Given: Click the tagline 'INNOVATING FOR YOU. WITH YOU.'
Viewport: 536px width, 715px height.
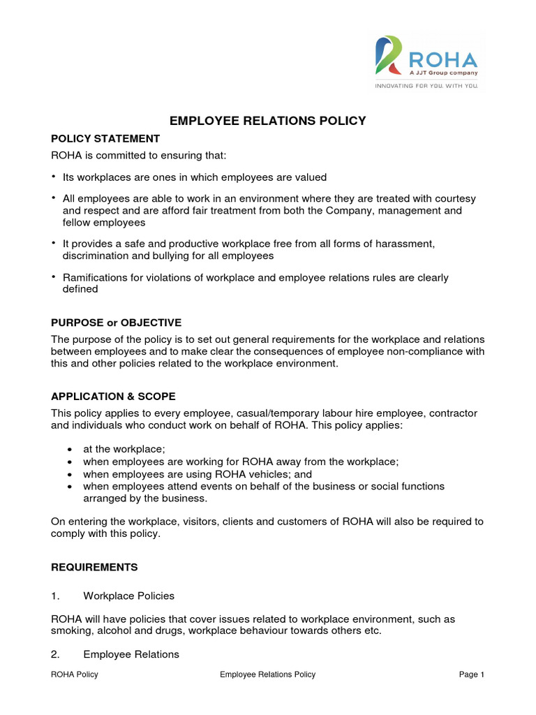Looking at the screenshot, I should click(x=426, y=86).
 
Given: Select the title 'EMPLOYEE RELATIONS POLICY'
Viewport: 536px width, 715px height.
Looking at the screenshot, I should click(x=268, y=121).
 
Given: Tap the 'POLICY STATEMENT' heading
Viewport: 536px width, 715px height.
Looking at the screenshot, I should click(x=105, y=139).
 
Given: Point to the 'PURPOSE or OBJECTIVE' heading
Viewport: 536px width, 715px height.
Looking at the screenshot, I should click(x=116, y=323).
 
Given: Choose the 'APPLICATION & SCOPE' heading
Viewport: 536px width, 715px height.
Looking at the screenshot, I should click(x=113, y=397).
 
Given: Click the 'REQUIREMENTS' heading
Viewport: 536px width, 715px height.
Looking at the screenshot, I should click(x=94, y=567).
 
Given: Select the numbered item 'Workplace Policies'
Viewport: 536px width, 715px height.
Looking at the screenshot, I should click(x=128, y=596).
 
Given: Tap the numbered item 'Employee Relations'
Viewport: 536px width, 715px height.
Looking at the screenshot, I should click(x=131, y=654).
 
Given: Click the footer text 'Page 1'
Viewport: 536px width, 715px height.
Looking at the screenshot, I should click(x=471, y=675).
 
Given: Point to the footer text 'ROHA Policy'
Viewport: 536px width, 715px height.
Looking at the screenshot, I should click(x=75, y=675).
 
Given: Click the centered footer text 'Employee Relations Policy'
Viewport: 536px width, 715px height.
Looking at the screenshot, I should click(x=267, y=675).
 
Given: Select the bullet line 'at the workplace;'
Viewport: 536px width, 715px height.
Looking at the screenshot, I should click(x=124, y=450).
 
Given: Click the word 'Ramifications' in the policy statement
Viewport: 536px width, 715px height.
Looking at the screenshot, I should click(x=95, y=278).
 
